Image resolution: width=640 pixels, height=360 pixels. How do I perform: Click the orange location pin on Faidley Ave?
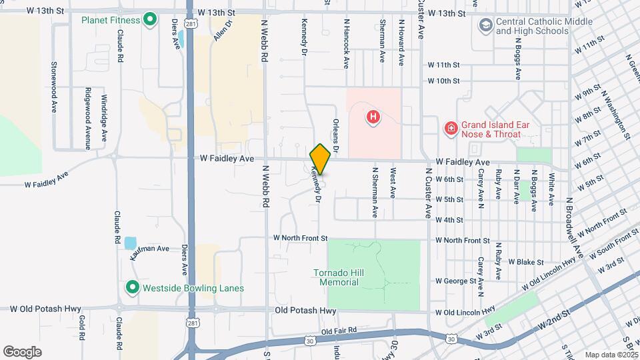pos(320,159)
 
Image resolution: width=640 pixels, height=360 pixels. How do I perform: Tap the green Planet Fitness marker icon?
pos(150,20)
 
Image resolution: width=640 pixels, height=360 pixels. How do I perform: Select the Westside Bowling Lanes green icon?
pos(133,288)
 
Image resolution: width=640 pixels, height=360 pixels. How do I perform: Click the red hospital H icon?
pos(373,118)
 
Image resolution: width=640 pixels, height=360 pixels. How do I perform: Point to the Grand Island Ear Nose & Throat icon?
pos(451,127)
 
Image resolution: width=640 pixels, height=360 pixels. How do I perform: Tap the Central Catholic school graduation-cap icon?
pos(485,25)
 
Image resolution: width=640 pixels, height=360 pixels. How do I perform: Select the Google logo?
pos(22,351)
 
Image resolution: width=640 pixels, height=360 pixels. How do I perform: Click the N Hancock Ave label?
pos(346,43)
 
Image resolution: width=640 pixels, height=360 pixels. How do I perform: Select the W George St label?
pos(456,281)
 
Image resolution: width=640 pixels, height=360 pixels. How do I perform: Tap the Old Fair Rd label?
pos(339,331)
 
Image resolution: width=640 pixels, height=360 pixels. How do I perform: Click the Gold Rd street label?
pos(81,327)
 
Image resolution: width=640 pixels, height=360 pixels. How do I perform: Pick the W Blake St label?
pos(527,262)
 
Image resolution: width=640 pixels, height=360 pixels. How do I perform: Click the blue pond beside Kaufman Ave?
pos(130,243)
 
